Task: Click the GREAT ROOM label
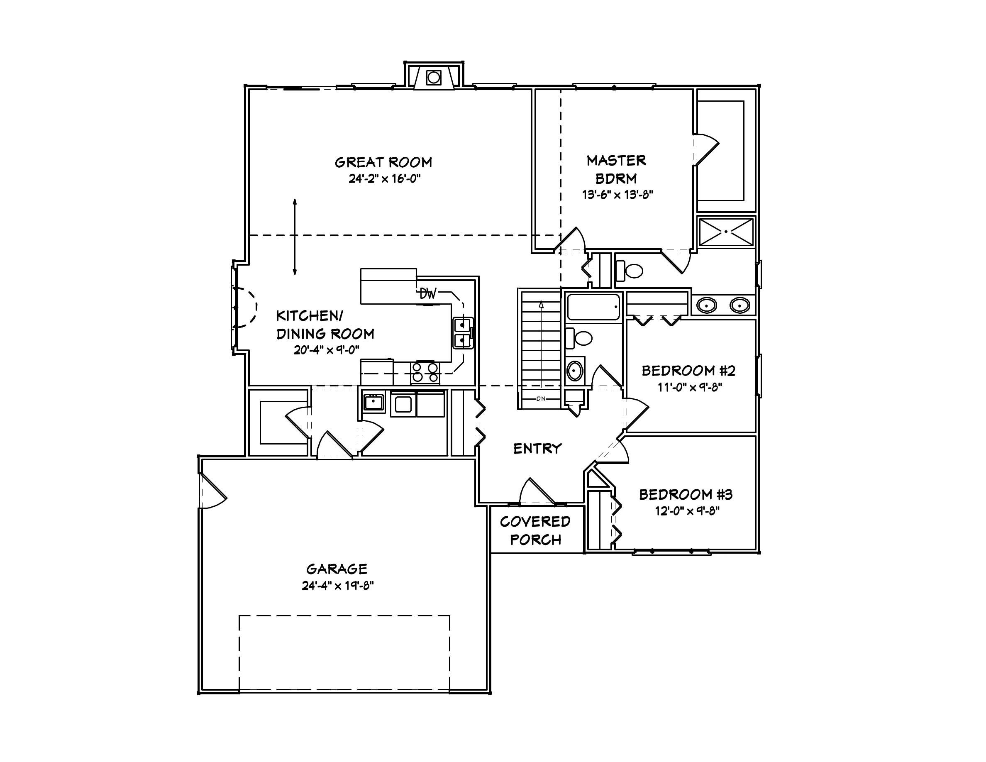coord(383,162)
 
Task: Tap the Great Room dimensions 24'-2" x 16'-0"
coord(384,179)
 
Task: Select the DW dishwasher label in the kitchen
coord(427,294)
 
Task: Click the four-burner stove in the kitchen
coord(425,372)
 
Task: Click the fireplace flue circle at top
coord(433,78)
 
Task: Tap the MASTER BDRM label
coord(616,169)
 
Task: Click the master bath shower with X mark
coord(726,232)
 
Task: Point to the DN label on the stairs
coord(541,398)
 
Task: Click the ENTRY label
coord(537,448)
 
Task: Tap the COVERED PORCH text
coord(535,530)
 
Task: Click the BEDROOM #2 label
coord(688,371)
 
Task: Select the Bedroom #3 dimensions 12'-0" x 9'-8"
coord(687,511)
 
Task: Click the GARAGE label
coord(337,569)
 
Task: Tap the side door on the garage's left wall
coord(211,491)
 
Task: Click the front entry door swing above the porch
coord(536,492)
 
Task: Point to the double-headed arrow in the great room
coord(295,237)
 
